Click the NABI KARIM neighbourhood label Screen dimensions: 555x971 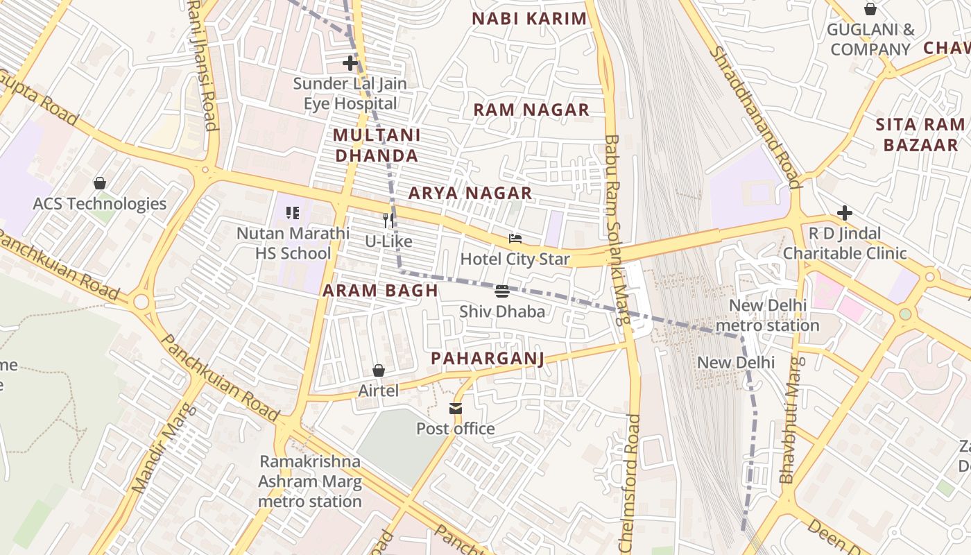click(529, 19)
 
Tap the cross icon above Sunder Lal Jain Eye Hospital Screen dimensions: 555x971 click(350, 64)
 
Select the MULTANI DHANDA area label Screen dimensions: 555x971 click(377, 145)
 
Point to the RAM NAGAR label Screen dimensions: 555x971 click(531, 110)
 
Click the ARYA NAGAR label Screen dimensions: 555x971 click(470, 193)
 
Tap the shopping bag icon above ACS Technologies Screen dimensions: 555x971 click(100, 183)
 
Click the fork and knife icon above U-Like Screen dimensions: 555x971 click(388, 221)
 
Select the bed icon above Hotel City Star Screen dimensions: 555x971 click(515, 239)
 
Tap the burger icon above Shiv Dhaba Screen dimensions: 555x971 click(502, 291)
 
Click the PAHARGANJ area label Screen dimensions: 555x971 click(487, 359)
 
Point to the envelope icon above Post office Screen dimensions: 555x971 click(456, 409)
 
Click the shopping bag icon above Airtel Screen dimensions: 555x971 click(379, 370)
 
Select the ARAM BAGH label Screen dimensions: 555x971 click(380, 291)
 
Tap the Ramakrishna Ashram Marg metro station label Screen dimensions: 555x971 click(310, 481)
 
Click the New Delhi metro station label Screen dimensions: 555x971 click(767, 316)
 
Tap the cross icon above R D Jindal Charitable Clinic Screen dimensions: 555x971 click(844, 212)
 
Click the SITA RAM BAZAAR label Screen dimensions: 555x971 click(920, 135)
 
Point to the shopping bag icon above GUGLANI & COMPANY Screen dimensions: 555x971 click(870, 9)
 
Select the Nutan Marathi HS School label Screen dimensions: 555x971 click(293, 243)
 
